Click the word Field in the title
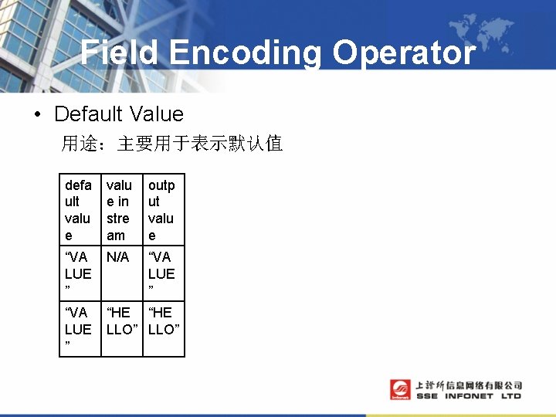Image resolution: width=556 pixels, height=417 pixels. click(120, 53)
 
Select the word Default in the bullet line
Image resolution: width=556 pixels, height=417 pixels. click(88, 114)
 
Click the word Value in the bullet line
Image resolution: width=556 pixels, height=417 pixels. click(157, 114)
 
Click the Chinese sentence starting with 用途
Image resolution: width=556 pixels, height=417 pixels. click(172, 144)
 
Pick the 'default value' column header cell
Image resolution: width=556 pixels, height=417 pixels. click(80, 210)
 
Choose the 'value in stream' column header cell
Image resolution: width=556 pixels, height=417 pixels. click(121, 210)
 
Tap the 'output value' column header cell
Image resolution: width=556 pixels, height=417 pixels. click(164, 210)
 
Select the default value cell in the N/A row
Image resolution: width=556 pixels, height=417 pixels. click(80, 273)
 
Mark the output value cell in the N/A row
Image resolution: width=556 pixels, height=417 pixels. click(164, 273)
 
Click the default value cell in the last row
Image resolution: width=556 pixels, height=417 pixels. click(80, 329)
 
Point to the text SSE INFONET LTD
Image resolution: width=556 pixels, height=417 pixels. click(469, 396)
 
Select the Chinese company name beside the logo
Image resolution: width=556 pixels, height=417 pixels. click(469, 385)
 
